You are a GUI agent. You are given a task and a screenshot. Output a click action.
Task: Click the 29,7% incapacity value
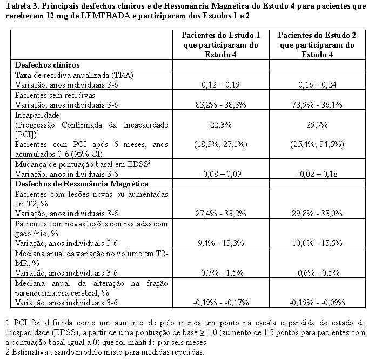(x=314, y=124)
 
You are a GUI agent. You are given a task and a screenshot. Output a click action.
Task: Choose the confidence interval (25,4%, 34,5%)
(x=314, y=144)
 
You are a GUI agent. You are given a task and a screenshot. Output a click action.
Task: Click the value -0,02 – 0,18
(x=314, y=174)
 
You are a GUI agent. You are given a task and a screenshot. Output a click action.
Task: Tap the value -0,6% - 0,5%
(x=314, y=273)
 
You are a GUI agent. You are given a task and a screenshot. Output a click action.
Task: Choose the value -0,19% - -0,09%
(x=314, y=303)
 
